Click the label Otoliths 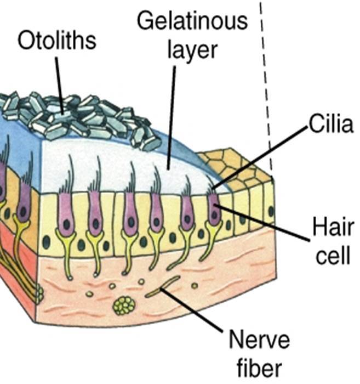click(56, 42)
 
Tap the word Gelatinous click(192, 22)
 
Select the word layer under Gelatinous click(192, 50)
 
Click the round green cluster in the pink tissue click(124, 305)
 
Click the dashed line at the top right click(266, 82)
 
